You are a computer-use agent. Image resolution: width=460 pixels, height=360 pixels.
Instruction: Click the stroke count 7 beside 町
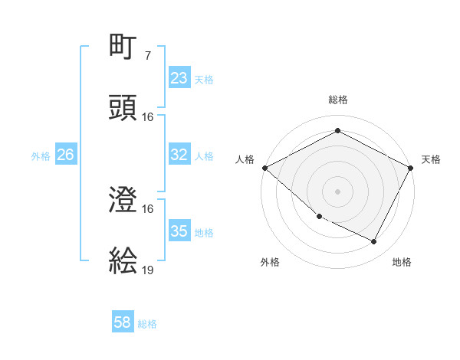(x=147, y=56)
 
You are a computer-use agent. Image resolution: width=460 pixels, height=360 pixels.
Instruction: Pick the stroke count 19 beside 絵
(x=148, y=270)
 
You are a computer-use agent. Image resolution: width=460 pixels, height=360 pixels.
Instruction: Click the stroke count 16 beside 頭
(x=148, y=117)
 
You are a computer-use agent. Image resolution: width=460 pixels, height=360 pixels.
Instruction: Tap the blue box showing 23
(x=179, y=78)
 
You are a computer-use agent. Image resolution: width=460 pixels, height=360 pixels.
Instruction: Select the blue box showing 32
(x=179, y=155)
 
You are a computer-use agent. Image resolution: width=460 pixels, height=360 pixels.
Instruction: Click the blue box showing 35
(x=179, y=231)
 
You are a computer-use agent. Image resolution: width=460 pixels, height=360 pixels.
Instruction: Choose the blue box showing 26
(x=65, y=155)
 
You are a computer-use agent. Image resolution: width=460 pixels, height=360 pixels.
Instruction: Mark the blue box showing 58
(x=123, y=322)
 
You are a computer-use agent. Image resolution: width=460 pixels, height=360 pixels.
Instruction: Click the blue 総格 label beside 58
(x=147, y=324)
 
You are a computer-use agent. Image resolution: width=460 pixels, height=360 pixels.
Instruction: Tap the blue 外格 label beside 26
(x=41, y=156)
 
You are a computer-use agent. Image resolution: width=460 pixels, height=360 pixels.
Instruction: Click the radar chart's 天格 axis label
(x=431, y=159)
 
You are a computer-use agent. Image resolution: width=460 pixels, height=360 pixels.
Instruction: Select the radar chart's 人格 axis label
(x=245, y=159)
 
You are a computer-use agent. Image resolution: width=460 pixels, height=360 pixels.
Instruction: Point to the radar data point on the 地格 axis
(x=374, y=242)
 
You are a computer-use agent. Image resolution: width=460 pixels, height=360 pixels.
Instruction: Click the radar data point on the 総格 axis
(x=337, y=130)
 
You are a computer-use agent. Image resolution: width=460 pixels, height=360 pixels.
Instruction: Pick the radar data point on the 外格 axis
(x=319, y=217)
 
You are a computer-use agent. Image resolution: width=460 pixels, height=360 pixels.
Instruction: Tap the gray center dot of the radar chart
(x=337, y=191)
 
